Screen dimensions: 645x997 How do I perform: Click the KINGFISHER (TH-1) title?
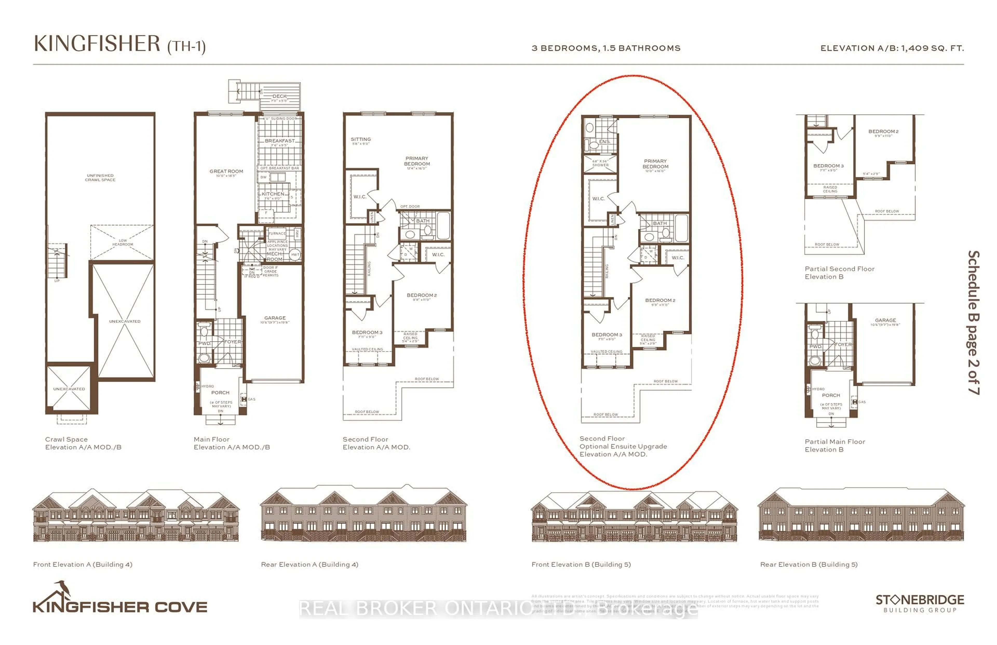click(119, 44)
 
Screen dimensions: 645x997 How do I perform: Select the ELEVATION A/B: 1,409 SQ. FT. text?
click(892, 48)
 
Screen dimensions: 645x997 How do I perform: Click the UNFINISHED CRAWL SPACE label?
click(100, 178)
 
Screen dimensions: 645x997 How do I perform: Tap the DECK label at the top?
click(279, 96)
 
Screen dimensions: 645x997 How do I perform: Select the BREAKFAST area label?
click(279, 141)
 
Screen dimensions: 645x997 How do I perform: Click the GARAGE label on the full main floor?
click(275, 318)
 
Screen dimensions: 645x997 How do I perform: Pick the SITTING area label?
click(361, 139)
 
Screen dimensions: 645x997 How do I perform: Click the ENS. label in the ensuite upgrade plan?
click(604, 142)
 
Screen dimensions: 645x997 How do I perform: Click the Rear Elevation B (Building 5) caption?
click(809, 565)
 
